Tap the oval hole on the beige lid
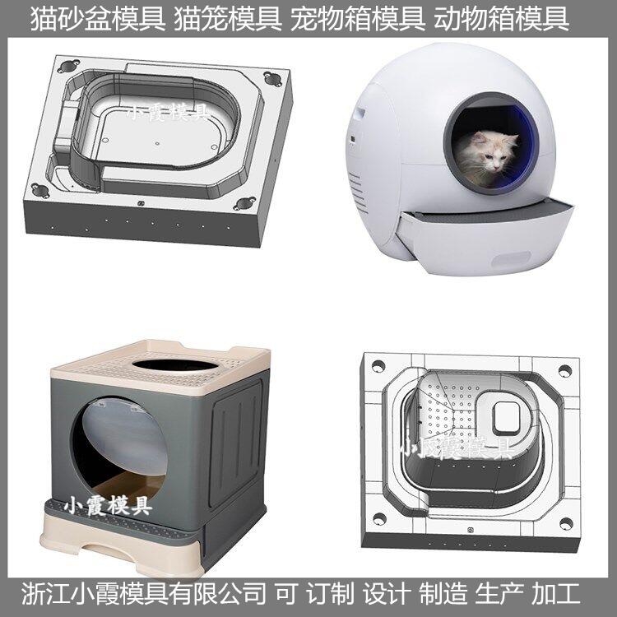(x=175, y=364)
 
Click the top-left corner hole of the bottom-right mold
(x=378, y=366)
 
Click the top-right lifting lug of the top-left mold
(x=272, y=79)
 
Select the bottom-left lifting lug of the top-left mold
(x=40, y=191)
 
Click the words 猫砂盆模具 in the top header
(x=98, y=19)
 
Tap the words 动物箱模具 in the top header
(x=501, y=19)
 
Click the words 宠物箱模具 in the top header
(x=358, y=19)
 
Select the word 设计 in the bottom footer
(x=387, y=594)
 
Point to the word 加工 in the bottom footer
(x=556, y=594)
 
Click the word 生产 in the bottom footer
(x=499, y=594)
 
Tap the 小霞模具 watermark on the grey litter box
(x=108, y=505)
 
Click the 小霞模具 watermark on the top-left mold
(x=167, y=113)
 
